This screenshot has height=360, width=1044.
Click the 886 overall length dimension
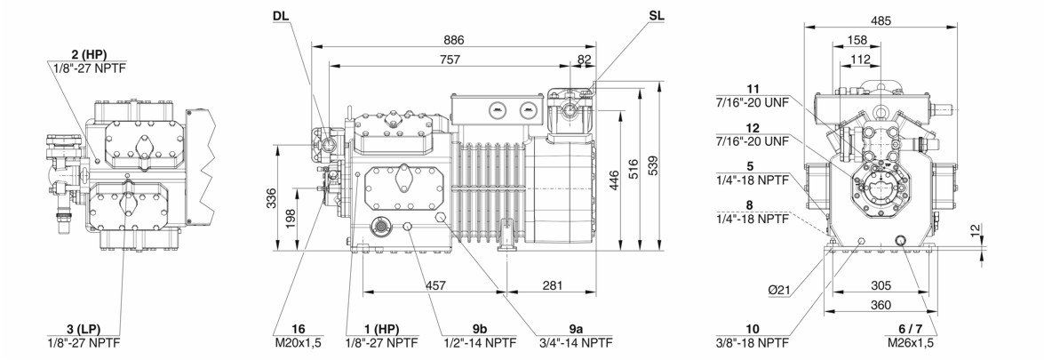(x=454, y=40)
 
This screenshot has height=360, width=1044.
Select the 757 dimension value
(x=450, y=60)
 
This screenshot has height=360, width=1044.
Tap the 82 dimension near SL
(x=585, y=60)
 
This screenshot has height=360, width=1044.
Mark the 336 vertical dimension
(x=271, y=198)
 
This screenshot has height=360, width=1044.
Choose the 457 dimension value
(x=434, y=285)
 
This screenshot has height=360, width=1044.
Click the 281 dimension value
(x=552, y=285)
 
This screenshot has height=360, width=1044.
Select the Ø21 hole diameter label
(x=778, y=291)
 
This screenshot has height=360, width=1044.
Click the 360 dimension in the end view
(x=881, y=305)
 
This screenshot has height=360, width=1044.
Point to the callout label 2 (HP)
(x=89, y=54)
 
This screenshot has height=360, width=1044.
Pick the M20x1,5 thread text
(x=299, y=343)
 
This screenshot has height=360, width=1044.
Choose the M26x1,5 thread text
(x=911, y=343)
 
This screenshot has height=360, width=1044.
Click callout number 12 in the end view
(x=753, y=127)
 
